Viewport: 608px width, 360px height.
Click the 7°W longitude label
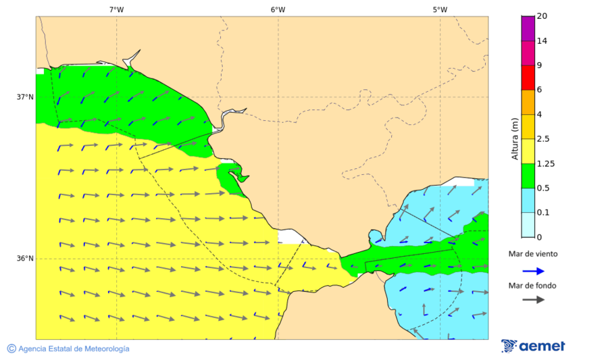tap(116, 9)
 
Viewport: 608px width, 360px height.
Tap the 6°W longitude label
tap(278, 9)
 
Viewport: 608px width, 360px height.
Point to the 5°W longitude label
tap(440, 9)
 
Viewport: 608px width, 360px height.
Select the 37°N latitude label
tap(25, 97)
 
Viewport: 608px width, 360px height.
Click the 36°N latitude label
tap(25, 258)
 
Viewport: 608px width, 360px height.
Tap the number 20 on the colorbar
tap(542, 16)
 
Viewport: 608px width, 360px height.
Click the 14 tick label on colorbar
tap(542, 41)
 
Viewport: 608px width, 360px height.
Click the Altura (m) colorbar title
tap(515, 139)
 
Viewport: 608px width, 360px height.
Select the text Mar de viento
tap(534, 254)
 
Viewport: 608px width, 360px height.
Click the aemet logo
tap(534, 346)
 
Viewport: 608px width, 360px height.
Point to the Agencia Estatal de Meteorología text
tap(74, 349)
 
